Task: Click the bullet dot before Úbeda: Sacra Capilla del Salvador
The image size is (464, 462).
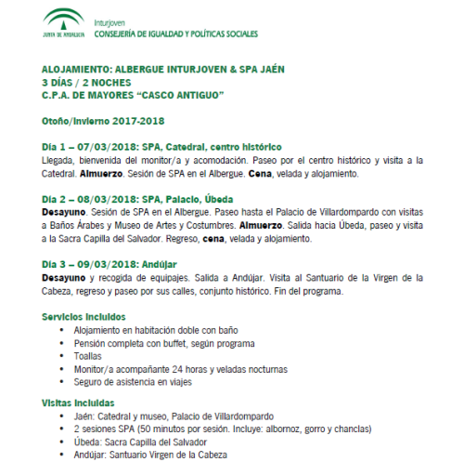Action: pyautogui.click(x=62, y=441)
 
